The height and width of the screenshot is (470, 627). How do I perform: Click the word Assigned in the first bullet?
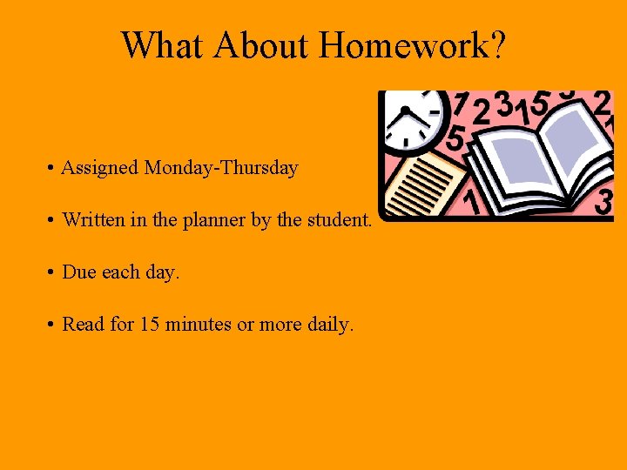tap(100, 168)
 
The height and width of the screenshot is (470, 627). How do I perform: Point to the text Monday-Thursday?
tap(222, 168)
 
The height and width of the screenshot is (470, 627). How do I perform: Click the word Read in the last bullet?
tap(84, 325)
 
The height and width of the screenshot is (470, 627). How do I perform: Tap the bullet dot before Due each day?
tap(54, 272)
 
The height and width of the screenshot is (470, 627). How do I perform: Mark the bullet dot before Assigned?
tap(54, 168)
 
